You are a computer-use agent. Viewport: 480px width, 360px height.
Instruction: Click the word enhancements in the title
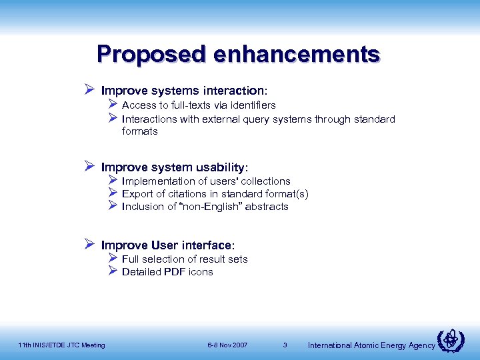tap(297, 53)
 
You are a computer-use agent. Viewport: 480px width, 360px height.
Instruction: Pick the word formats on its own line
tap(140, 131)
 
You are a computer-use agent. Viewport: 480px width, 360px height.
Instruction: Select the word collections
tap(265, 181)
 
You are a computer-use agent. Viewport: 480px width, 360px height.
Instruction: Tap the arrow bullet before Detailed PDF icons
tap(112, 271)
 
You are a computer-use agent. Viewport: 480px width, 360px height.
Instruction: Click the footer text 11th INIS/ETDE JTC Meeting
tap(61, 345)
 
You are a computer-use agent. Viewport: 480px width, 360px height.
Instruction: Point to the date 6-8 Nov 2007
tap(227, 345)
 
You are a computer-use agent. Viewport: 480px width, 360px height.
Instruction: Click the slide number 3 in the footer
tap(285, 345)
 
